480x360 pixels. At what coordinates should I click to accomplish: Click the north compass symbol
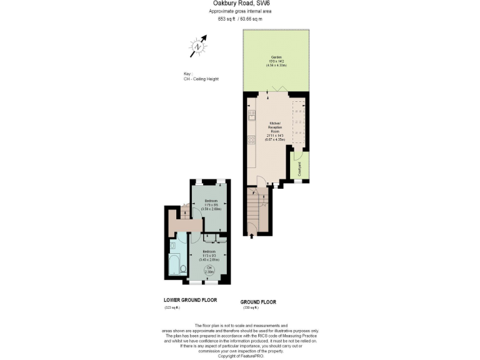pos(198,46)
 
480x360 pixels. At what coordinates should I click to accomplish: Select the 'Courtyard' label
pos(299,169)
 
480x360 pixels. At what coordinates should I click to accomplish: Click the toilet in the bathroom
pos(183,269)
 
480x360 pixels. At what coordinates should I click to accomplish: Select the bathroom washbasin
pos(182,247)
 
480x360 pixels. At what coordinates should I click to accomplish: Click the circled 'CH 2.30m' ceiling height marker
pos(210,271)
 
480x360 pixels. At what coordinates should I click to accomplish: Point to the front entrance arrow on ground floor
pos(252,236)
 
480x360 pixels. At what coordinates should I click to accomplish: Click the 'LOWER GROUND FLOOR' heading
pos(190,300)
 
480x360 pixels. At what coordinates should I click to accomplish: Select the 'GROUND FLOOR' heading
pos(259,302)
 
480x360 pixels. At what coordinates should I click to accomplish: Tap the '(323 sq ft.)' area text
pos(172,308)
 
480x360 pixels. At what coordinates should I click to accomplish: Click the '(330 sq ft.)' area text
pos(250,308)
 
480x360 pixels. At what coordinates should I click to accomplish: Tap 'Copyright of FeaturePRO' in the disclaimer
pos(241,356)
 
